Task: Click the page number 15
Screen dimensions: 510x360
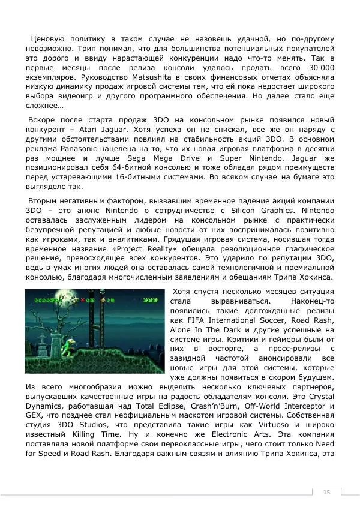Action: tap(326, 492)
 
